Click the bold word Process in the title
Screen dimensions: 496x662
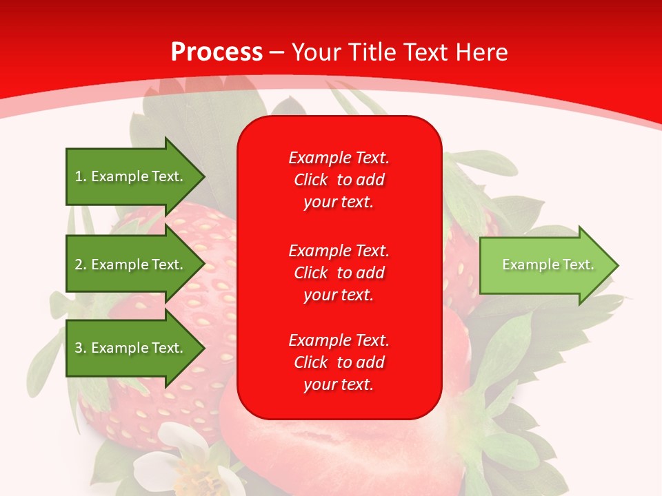tap(217, 52)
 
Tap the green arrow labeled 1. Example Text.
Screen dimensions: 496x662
tap(131, 176)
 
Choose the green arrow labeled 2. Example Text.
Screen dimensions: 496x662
tap(131, 265)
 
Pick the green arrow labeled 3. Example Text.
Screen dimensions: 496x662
tap(131, 348)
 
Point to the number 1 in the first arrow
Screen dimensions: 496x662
tap(79, 176)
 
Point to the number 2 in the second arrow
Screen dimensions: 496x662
tap(79, 265)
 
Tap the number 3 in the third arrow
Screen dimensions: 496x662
tap(79, 348)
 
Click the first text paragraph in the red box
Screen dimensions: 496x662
tap(339, 180)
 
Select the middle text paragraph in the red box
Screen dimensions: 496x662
tap(339, 273)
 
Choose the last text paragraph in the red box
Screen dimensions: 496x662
tap(339, 362)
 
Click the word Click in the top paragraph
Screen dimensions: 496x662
tap(310, 180)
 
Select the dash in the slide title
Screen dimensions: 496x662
tap(277, 52)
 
